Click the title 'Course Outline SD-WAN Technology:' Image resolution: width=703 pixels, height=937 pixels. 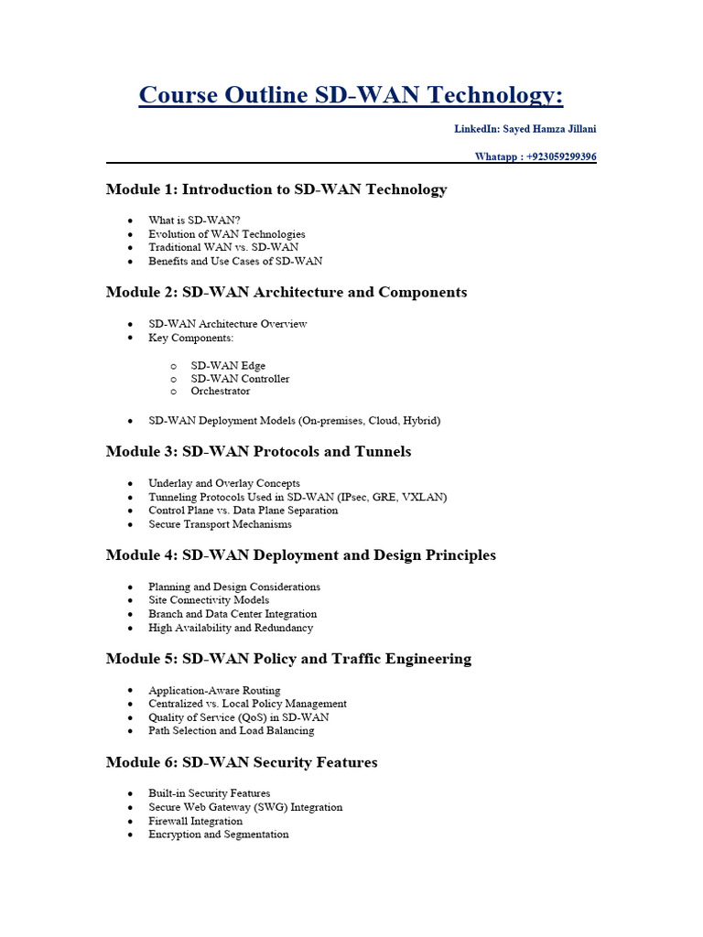[x=351, y=95]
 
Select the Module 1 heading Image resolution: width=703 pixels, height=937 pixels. [x=276, y=189]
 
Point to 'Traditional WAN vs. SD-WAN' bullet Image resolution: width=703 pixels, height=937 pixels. [x=223, y=247]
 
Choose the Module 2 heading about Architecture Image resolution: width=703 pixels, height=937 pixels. [x=287, y=292]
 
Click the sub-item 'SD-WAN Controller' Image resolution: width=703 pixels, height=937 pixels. [x=240, y=379]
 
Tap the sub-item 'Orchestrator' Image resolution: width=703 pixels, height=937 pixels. [x=220, y=392]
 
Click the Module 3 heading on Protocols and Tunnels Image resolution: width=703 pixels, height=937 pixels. [x=258, y=451]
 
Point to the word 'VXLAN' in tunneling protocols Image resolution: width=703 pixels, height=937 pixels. [x=425, y=497]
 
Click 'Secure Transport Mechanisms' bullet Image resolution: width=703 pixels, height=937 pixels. [x=220, y=524]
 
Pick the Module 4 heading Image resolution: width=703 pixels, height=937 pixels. [x=301, y=555]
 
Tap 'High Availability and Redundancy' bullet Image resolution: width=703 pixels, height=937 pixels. [x=231, y=628]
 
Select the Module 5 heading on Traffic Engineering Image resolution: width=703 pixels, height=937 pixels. [x=288, y=658]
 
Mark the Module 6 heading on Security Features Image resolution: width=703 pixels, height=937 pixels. [x=242, y=761]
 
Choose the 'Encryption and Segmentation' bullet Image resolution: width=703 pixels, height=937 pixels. [x=218, y=835]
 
